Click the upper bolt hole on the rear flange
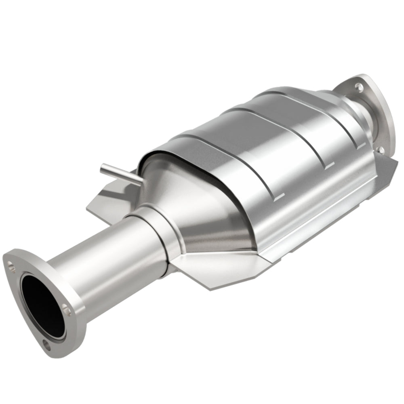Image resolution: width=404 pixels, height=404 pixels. tap(358, 86)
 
